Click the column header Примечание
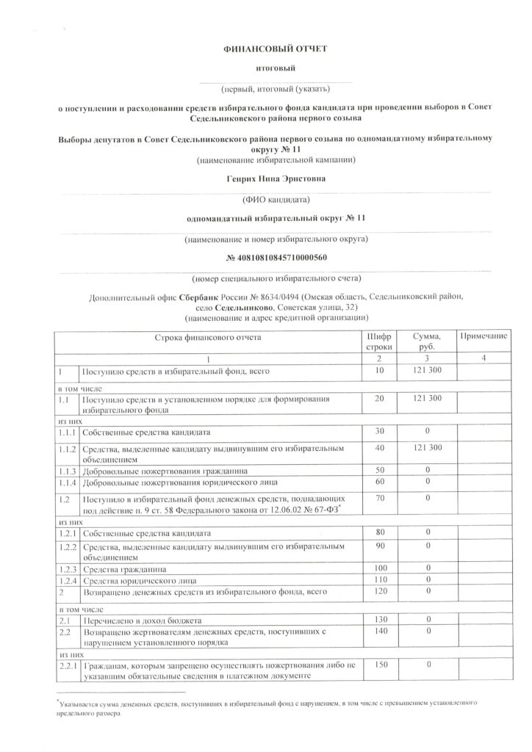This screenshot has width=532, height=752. click(483, 336)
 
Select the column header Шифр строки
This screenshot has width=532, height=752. click(379, 341)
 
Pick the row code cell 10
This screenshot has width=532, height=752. click(379, 373)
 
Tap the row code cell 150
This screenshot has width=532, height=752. click(379, 665)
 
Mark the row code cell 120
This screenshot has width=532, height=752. click(379, 591)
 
